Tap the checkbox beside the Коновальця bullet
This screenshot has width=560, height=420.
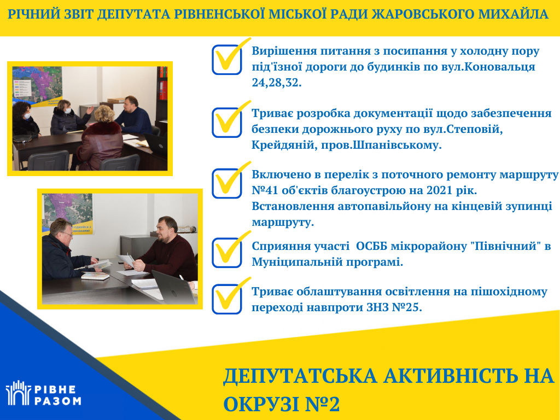(227, 60)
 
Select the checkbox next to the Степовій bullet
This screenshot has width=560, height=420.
(227, 122)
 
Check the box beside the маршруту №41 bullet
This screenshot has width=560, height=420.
(227, 184)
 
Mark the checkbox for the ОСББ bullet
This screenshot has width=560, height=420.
(227, 253)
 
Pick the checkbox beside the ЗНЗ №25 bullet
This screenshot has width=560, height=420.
(227, 299)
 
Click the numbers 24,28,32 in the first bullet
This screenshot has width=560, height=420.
(276, 83)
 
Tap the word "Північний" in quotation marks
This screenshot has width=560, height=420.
(501, 246)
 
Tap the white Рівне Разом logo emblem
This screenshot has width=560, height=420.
(18, 393)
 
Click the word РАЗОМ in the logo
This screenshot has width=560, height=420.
(57, 401)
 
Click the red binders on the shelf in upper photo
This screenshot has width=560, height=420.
(163, 83)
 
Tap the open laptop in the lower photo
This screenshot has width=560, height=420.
(174, 287)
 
